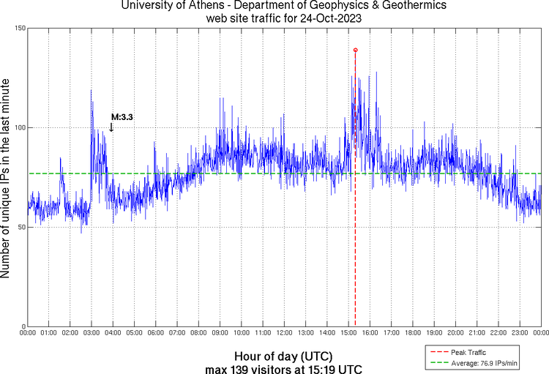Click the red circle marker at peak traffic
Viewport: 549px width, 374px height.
pyautogui.click(x=355, y=50)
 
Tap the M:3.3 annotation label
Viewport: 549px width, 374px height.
pyautogui.click(x=122, y=116)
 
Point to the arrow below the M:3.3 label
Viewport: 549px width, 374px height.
pyautogui.click(x=111, y=127)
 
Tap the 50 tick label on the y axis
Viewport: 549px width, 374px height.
pyautogui.click(x=20, y=227)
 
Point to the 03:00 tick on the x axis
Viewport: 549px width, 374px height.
pyautogui.click(x=91, y=334)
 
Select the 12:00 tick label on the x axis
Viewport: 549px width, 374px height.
pyautogui.click(x=284, y=334)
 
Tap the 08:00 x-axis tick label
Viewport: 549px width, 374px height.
pyautogui.click(x=198, y=334)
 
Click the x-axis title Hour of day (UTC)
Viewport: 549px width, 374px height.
pyautogui.click(x=283, y=356)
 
